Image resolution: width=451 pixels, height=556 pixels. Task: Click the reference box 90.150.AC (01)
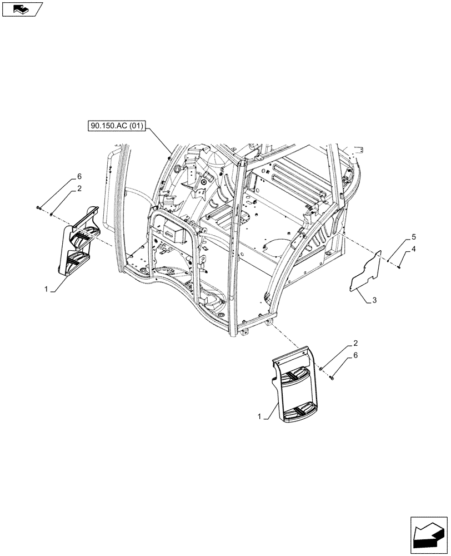[115, 126]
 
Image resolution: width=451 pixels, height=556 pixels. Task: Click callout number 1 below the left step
[47, 290]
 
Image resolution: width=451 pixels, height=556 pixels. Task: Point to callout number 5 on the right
[413, 237]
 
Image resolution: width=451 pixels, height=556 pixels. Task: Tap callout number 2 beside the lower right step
[348, 345]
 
